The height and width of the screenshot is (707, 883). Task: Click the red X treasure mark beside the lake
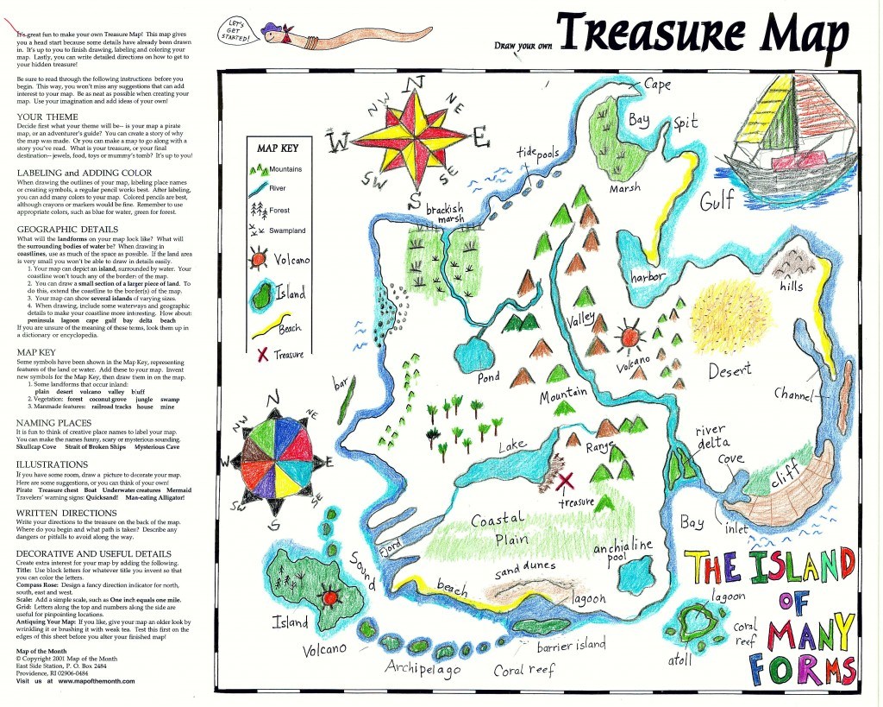(566, 480)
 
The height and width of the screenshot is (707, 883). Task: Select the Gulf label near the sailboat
(717, 200)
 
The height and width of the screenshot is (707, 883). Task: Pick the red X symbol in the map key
(259, 354)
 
